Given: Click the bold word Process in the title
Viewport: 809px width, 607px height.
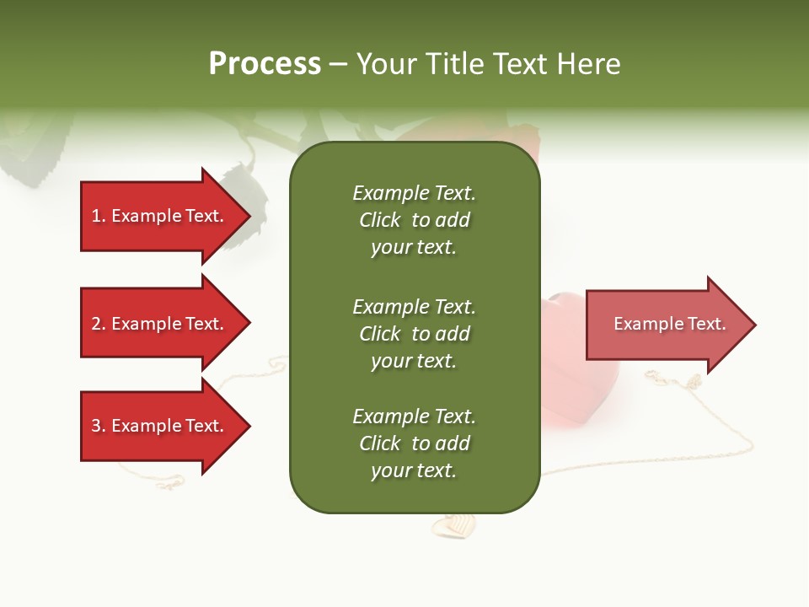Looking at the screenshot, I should pos(265,63).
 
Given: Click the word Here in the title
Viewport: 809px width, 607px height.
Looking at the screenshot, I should pos(587,63).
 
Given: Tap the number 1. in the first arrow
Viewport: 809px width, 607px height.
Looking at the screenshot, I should pos(99,217).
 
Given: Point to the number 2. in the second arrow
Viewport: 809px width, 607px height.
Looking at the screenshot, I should pos(99,324).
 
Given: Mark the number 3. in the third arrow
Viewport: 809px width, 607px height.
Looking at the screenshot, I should pos(99,426).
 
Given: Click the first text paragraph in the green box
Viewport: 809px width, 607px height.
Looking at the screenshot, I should pos(414,220).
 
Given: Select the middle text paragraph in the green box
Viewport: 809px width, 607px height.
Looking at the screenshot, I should pos(414,333).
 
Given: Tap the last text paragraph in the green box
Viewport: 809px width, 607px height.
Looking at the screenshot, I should pos(414,443).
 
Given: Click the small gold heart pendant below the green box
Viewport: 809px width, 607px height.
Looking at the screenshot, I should pos(453,526).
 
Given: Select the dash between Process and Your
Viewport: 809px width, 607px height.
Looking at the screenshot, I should pos(339,64).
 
